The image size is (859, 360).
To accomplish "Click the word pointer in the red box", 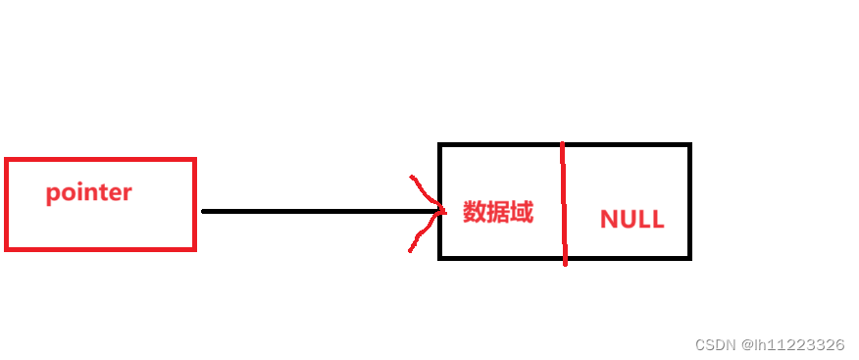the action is [x=88, y=192].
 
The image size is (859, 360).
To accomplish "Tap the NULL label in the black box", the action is [x=632, y=220].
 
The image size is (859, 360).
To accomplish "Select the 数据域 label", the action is [x=498, y=212].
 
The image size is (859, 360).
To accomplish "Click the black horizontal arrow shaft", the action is [x=314, y=211].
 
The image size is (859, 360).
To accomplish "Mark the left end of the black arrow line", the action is [x=203, y=211].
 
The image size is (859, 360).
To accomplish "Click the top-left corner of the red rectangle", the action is [x=7, y=160].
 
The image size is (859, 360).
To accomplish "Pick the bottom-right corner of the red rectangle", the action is [x=194, y=248].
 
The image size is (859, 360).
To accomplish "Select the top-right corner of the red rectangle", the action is [x=194, y=160].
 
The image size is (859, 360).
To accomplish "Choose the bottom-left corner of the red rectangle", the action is [x=7, y=248].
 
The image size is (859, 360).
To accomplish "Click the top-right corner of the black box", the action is [x=689, y=146].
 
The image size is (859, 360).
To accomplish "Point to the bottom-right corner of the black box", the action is [x=689, y=258].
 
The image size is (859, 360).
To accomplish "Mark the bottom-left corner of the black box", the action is [x=440, y=258].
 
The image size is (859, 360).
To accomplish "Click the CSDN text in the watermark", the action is [x=715, y=345].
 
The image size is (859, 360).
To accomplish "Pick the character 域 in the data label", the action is [x=522, y=212].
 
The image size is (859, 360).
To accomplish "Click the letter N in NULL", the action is [x=608, y=220].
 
